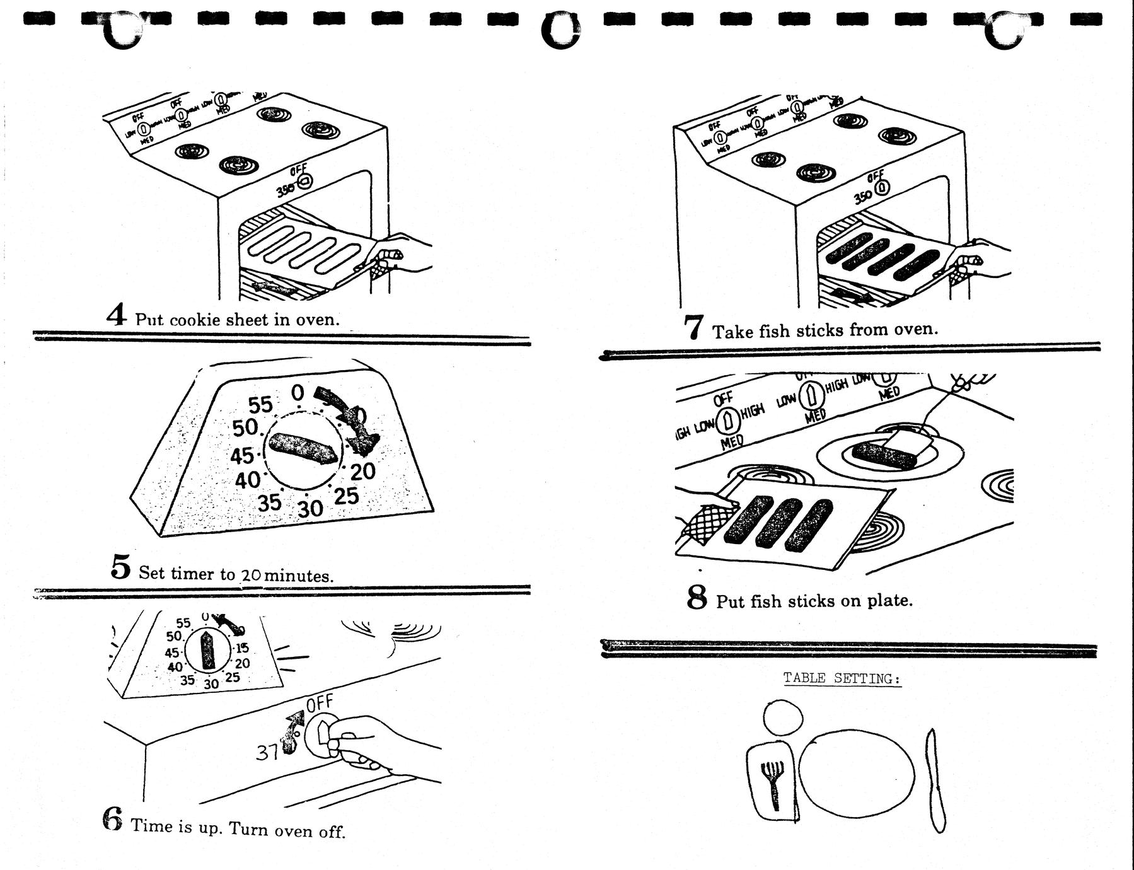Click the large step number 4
[x=117, y=315]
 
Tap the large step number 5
[x=120, y=567]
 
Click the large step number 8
[x=697, y=597]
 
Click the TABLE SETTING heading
[x=842, y=678]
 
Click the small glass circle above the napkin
[x=784, y=717]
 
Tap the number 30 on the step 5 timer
[x=310, y=507]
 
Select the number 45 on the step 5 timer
[x=241, y=455]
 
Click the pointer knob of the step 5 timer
[x=303, y=448]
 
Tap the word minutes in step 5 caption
[x=299, y=576]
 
